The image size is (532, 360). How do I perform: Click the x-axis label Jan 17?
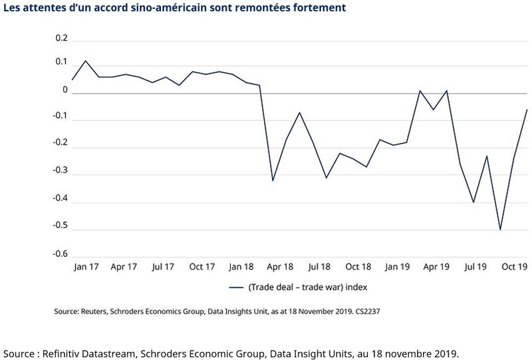[x=85, y=267]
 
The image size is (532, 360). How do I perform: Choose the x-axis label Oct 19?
[x=513, y=267]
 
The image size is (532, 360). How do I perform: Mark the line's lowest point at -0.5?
[x=500, y=230]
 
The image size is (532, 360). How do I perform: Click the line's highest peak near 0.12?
[x=85, y=61]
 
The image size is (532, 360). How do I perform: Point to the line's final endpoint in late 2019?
[x=527, y=110]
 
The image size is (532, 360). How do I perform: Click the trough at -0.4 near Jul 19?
[x=473, y=202]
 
